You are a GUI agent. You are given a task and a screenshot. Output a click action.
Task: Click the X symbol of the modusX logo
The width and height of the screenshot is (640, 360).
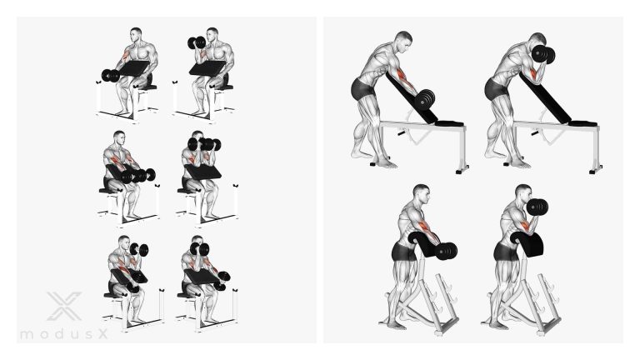(x=64, y=306)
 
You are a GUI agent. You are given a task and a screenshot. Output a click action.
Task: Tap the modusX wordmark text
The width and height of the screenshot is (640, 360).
(x=64, y=334)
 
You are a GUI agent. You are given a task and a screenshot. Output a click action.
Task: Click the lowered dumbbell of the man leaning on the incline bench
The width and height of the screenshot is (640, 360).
(x=424, y=100)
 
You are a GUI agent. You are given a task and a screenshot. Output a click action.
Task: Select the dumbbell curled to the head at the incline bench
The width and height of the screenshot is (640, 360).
(x=543, y=55)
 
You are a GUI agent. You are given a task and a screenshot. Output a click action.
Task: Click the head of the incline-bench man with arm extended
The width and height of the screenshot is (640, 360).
(x=403, y=42)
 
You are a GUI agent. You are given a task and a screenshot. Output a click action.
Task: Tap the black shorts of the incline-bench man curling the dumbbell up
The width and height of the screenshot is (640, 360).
(x=496, y=89)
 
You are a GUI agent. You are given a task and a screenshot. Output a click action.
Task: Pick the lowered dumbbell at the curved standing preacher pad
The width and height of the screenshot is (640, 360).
(x=446, y=251)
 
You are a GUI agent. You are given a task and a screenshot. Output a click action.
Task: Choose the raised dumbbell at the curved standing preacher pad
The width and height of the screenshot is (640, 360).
(x=537, y=207)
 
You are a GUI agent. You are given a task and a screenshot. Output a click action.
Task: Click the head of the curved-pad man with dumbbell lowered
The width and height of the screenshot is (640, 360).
(x=421, y=195)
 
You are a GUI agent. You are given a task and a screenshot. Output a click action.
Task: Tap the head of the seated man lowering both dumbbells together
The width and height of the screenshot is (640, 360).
(x=119, y=138)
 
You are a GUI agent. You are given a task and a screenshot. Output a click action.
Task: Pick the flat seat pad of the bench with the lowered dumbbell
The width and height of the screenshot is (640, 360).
(x=449, y=122)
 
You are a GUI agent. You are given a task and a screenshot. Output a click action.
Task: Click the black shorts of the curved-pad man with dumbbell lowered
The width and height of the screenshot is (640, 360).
(x=404, y=252)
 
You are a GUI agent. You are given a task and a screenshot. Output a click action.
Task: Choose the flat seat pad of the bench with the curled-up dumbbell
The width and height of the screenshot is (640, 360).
(x=582, y=122)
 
